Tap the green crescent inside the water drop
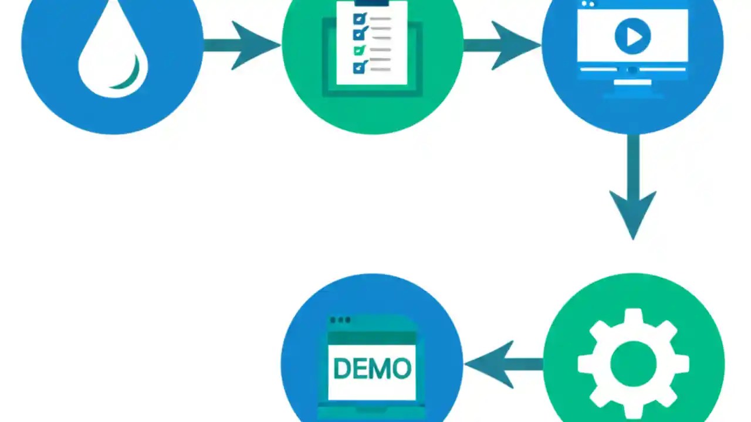[130, 76]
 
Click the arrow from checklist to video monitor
[502, 45]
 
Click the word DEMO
[372, 369]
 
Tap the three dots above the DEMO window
[340, 320]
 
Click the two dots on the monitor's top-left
[587, 4]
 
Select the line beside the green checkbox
[381, 50]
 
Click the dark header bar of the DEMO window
[372, 338]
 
